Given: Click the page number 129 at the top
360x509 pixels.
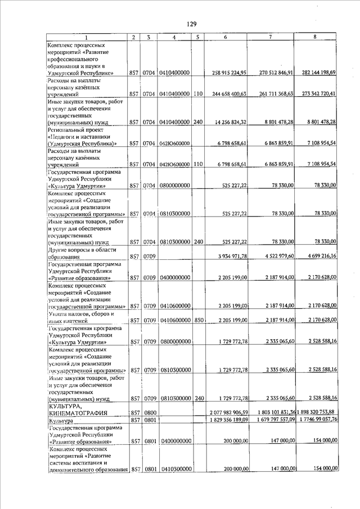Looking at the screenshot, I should pyautogui.click(x=192, y=24).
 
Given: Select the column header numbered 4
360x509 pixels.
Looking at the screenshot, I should pyautogui.click(x=175, y=37).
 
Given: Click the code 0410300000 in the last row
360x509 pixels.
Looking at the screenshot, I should pyautogui.click(x=175, y=469).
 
